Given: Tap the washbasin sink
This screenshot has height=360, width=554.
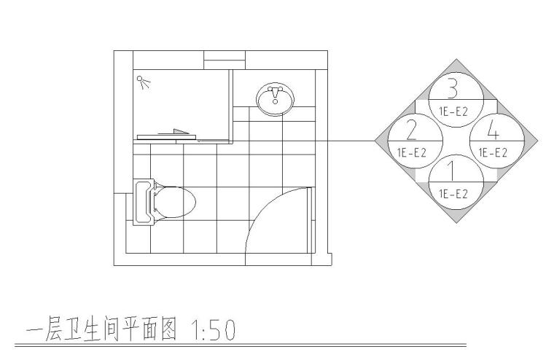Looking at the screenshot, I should point(276,99).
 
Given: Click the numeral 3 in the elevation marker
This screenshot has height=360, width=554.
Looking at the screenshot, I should point(453,89).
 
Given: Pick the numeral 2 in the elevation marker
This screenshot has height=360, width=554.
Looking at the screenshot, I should point(411,130).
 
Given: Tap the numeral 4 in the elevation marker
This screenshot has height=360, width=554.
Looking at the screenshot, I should point(493,131).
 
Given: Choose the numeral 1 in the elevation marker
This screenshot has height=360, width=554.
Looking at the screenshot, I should point(452,172).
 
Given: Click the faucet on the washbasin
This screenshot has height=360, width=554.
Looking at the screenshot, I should point(276,93).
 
